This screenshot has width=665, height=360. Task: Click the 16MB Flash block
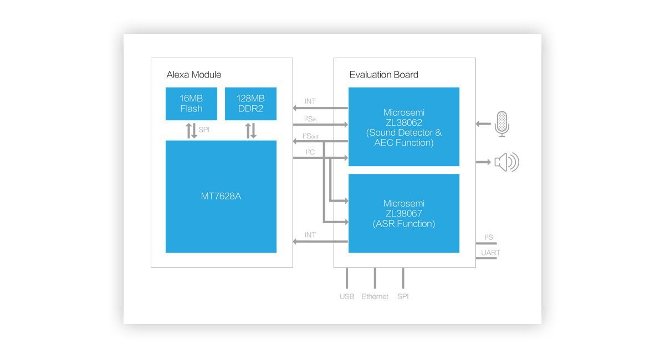pos(191,104)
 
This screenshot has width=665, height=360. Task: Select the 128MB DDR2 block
pos(250,104)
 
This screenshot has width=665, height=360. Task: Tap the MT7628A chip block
pos(221,197)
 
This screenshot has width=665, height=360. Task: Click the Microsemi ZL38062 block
pos(404,127)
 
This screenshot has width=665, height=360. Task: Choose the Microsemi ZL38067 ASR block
pos(404,213)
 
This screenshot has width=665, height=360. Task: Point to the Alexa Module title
pos(194,75)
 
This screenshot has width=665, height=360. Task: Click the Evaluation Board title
pos(383,75)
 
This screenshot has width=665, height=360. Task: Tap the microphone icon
pos(502,124)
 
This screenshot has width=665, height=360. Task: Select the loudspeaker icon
pos(507,162)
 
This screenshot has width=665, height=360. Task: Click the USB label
pos(347,296)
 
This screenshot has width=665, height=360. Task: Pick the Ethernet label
pos(375,296)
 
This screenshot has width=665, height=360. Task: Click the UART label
pos(490,253)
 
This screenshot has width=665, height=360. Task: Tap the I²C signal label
pos(310,152)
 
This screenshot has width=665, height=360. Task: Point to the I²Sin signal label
pos(310,119)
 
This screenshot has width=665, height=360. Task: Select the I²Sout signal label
pos(310,136)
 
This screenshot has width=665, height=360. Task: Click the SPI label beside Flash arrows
pos(204,130)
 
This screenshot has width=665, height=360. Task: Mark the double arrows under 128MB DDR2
pos(251,131)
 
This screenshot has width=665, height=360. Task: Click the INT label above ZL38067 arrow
pos(310,235)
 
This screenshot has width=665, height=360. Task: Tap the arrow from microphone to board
pos(483,124)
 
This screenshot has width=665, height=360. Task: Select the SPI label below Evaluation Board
pos(403,296)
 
